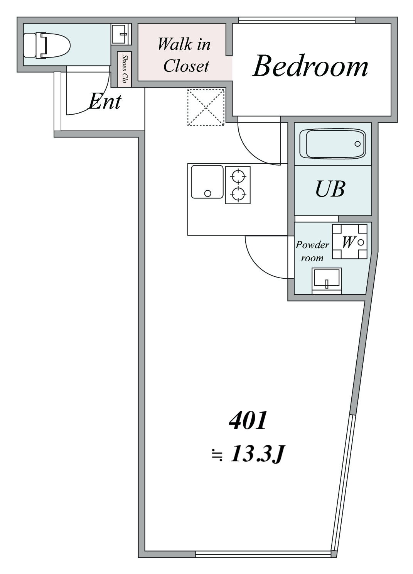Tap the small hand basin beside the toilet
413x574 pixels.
click(121, 34)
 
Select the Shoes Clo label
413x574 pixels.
click(125, 69)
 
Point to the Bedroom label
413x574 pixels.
click(310, 66)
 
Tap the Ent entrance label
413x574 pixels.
click(105, 102)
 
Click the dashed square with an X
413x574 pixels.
click(206, 107)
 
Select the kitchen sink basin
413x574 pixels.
click(207, 182)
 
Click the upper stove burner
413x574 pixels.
click(238, 176)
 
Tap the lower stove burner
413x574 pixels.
click(238, 193)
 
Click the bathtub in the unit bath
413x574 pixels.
click(335, 144)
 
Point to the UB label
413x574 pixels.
click(330, 189)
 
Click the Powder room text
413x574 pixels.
click(312, 251)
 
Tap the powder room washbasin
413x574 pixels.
click(327, 279)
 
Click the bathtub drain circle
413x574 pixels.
click(357, 144)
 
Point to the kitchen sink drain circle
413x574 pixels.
click(208, 193)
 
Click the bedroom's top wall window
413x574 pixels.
click(297, 20)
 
